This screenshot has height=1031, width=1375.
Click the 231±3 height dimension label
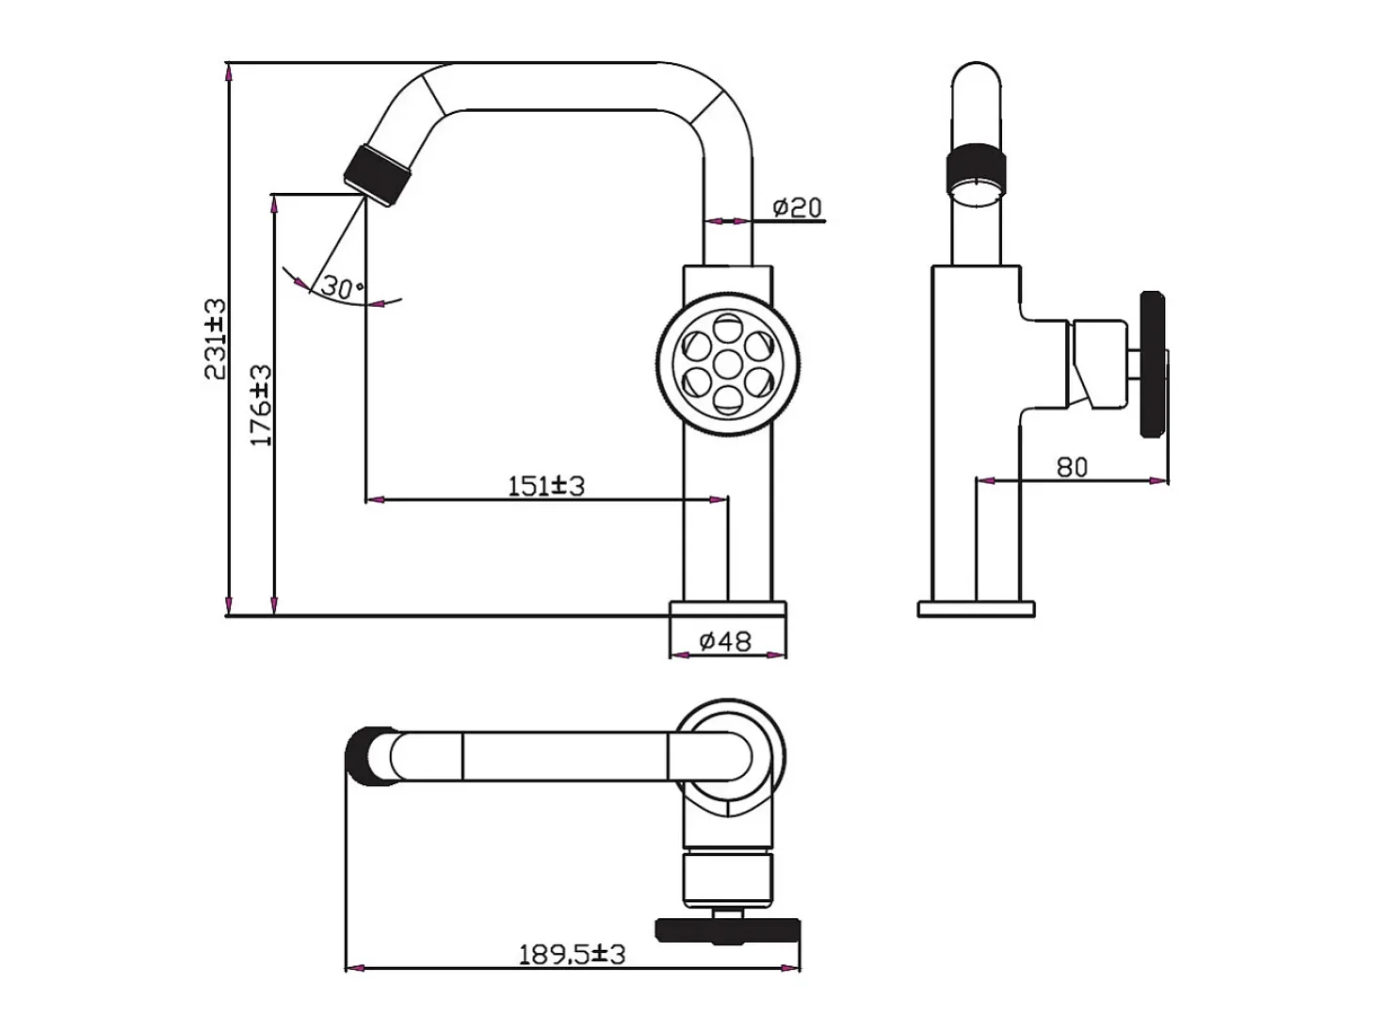pos(215,339)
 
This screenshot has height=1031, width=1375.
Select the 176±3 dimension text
pos(261,406)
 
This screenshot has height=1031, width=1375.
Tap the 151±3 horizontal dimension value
pos(545,487)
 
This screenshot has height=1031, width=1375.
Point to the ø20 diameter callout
pos(797,207)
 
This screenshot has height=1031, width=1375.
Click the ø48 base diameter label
pos(725,640)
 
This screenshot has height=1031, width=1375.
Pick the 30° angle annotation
pos(342,287)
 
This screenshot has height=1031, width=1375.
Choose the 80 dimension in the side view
pos(1072,467)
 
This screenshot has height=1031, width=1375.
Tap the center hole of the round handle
pos(727,364)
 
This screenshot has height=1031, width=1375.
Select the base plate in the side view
pos(976,609)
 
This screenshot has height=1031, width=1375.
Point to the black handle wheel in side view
pos(1152,364)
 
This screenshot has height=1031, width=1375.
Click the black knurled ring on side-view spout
pos(976,168)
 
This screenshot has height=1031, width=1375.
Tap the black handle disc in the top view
pos(727,930)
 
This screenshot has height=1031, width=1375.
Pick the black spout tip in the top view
pos(369,755)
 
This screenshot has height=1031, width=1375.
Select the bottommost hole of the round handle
pos(727,400)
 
